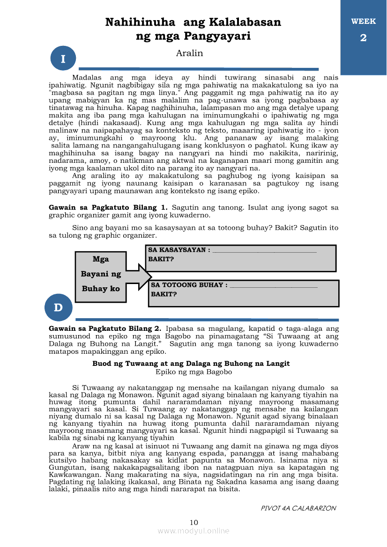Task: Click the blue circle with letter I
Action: (63, 59)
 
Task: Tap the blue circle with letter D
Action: (58, 307)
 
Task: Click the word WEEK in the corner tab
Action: (363, 22)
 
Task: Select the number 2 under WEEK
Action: (363, 38)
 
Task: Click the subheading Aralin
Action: (189, 53)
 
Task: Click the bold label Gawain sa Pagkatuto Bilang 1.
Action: (108, 207)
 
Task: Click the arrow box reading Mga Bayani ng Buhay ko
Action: (101, 274)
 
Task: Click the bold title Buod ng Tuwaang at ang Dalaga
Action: (191, 363)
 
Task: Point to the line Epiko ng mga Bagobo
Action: (193, 372)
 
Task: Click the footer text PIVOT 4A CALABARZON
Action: (298, 508)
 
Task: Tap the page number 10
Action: (194, 522)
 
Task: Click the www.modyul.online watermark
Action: (193, 531)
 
